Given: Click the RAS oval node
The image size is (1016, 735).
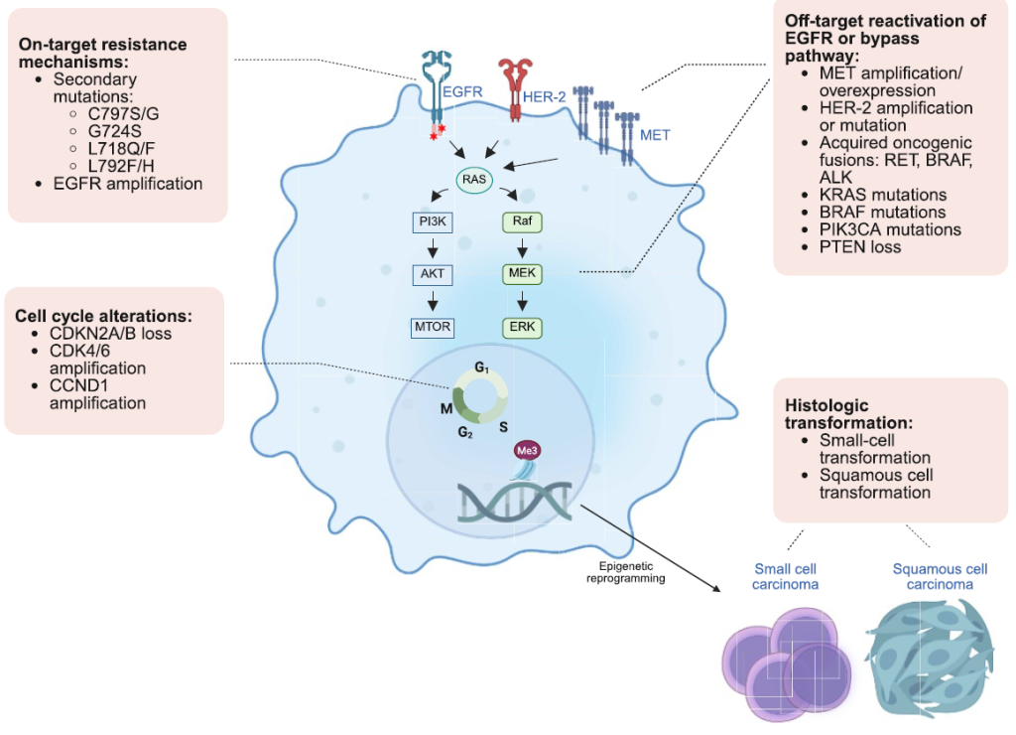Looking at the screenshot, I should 474,180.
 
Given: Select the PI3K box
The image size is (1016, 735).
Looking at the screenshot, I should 432,221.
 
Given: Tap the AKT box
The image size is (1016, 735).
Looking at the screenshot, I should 432,273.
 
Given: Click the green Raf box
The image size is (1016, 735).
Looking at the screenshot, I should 523,221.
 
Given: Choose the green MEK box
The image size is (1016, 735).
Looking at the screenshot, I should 523,273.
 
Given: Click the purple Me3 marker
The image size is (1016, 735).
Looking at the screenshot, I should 526,450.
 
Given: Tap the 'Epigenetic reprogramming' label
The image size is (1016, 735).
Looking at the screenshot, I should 625,571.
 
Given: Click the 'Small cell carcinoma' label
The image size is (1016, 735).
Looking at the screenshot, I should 787,576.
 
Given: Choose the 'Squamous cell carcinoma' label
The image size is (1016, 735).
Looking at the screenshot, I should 940,576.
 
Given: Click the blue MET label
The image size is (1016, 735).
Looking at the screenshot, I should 655,134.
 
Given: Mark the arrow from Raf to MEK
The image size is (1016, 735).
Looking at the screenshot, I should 523,247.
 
